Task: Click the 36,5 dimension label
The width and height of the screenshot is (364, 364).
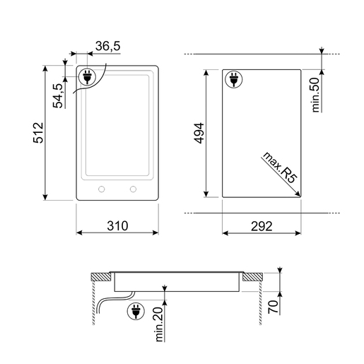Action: click(x=108, y=46)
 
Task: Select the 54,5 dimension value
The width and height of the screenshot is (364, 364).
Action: click(x=58, y=95)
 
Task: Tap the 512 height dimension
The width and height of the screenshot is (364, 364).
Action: click(x=38, y=133)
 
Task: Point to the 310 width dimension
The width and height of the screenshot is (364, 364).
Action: click(x=117, y=225)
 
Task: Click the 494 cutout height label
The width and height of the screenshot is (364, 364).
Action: click(x=199, y=133)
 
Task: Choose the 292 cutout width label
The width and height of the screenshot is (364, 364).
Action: click(x=262, y=226)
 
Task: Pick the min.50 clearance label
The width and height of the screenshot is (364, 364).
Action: click(x=315, y=95)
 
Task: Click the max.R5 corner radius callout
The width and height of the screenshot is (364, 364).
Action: click(x=279, y=168)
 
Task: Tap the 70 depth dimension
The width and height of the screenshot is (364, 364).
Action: click(x=274, y=307)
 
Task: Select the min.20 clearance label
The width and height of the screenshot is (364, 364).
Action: click(x=159, y=324)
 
